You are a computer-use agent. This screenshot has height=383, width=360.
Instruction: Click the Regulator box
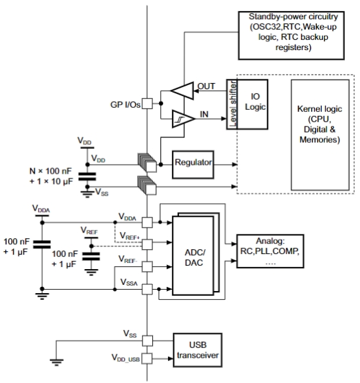coord(193,165)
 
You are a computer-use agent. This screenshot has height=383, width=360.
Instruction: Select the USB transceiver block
coord(197,350)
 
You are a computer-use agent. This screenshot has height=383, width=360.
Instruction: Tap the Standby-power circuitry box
coord(291,36)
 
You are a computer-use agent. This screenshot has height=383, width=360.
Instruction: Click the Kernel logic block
coord(320,135)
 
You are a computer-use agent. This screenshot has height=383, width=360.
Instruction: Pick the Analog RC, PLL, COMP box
coord(270,251)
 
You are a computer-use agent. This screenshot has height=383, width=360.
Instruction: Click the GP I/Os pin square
coord(147,104)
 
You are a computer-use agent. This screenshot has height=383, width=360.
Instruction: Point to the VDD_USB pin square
coord(147,358)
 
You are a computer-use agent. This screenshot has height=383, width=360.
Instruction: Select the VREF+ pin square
coord(147,244)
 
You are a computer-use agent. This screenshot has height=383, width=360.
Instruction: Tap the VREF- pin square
coord(147,266)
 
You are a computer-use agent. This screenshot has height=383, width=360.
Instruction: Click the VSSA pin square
coord(147,289)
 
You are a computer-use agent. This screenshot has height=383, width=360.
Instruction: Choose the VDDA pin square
coord(147,222)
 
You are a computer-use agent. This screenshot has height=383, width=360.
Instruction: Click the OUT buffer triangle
coord(182,91)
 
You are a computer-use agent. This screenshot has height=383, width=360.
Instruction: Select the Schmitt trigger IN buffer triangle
coord(184,119)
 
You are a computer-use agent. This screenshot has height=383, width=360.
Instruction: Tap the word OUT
coord(206,86)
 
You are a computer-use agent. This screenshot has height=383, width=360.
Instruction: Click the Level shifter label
coord(233,104)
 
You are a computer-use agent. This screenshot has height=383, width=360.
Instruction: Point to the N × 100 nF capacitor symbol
coord(87,176)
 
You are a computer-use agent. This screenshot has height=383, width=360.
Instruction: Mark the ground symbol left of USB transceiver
coord(57,362)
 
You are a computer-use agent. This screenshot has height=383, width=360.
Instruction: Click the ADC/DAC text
coord(195,257)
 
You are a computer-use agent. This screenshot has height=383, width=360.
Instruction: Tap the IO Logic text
coord(255,102)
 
